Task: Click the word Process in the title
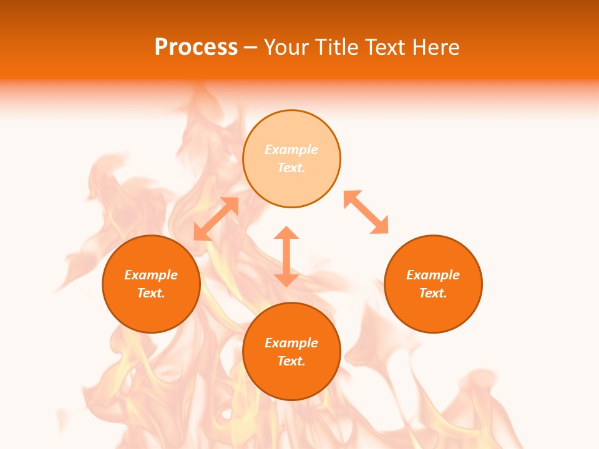tap(196, 47)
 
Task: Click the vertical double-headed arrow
tap(286, 256)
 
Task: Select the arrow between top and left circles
tap(216, 219)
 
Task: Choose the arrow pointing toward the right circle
tap(366, 213)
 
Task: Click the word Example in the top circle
tap(291, 150)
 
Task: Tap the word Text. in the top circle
tap(291, 168)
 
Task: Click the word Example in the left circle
tap(151, 275)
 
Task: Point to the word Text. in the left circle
tap(151, 293)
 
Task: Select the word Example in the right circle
tap(433, 275)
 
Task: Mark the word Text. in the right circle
tap(433, 293)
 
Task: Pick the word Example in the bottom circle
tap(291, 343)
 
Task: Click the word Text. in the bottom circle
tap(291, 361)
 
